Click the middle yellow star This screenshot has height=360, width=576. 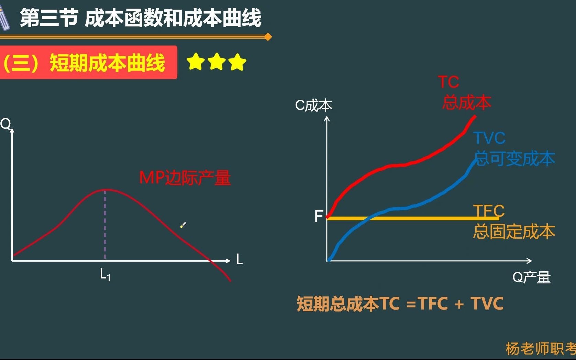click(217, 62)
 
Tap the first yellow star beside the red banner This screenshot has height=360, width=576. click(196, 62)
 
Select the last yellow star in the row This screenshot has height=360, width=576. click(237, 62)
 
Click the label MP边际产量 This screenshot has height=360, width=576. click(185, 178)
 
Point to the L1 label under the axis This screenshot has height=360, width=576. click(105, 275)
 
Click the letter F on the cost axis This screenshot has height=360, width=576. click(319, 216)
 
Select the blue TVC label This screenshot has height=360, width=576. click(489, 138)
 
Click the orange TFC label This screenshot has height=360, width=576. click(489, 210)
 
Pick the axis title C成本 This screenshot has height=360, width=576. click(313, 105)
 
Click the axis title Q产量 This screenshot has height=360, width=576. click(531, 277)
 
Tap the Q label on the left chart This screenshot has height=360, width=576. click(5, 124)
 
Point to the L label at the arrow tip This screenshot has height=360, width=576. click(240, 260)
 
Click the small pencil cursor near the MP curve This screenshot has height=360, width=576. click(183, 225)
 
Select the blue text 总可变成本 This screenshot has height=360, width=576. click(514, 159)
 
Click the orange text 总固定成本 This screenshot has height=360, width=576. click(514, 232)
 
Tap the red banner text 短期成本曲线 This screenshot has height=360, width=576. click(107, 63)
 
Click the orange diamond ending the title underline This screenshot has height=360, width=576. click(268, 37)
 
